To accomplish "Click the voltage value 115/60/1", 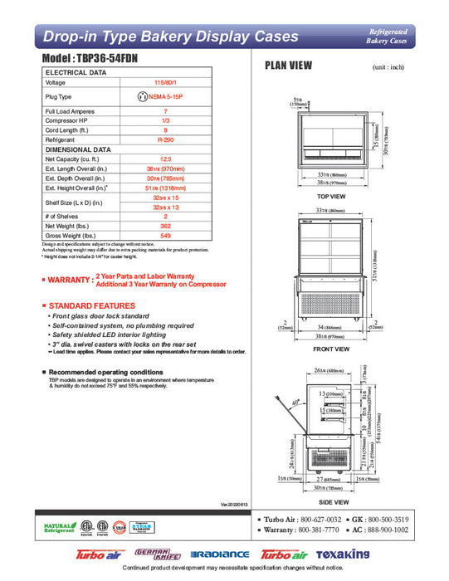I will tap(166, 83).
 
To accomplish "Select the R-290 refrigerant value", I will tap(166, 140).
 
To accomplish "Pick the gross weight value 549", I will tap(166, 237).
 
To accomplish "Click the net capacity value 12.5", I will tap(166, 159).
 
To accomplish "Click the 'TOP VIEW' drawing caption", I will tap(331, 196).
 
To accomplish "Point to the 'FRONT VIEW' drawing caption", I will tap(331, 349).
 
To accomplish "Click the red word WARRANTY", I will tap(67, 281).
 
